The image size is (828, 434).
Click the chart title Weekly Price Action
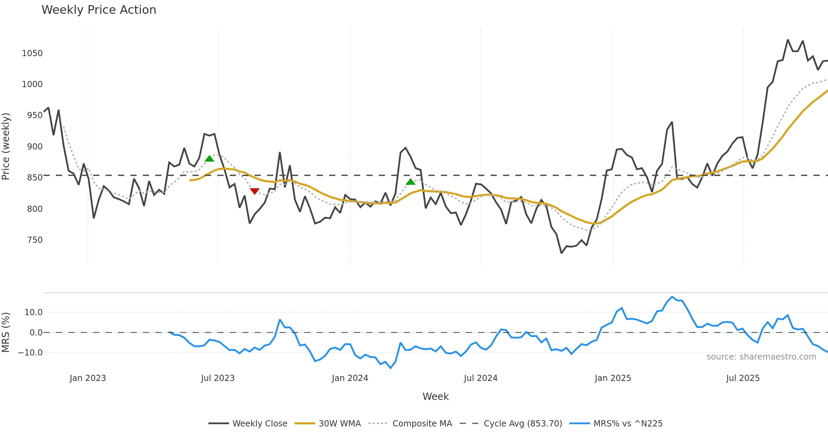(x=99, y=10)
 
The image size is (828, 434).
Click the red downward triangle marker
(x=255, y=191)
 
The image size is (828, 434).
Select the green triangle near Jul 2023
(x=209, y=158)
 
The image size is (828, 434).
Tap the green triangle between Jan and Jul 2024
(x=411, y=182)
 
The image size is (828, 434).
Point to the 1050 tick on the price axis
(x=32, y=53)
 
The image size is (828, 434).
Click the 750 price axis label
(x=35, y=240)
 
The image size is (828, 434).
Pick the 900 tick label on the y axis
(x=35, y=147)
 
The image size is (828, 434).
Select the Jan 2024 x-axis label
(x=350, y=378)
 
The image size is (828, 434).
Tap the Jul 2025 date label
(x=743, y=378)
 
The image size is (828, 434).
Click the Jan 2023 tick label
(x=88, y=378)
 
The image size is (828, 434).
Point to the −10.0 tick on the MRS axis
(x=30, y=353)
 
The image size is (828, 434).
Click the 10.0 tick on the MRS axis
(x=33, y=312)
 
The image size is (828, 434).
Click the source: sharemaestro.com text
(x=761, y=357)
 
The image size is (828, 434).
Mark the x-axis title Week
(x=435, y=397)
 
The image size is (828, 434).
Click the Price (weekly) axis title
(x=6, y=146)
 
